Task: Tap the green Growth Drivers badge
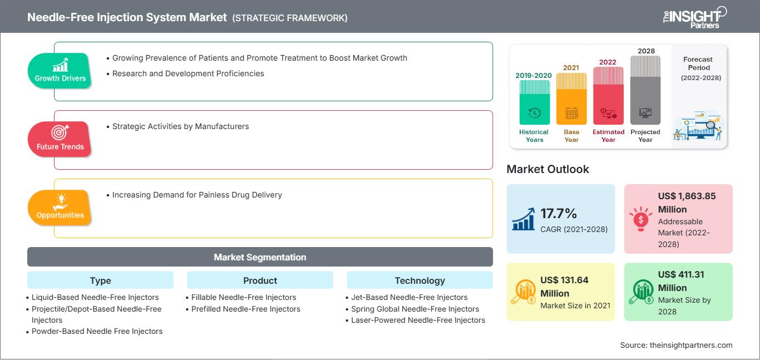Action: click(60, 71)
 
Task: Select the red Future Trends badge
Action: click(60, 139)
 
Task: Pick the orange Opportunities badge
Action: click(60, 208)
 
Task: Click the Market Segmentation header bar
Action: click(260, 257)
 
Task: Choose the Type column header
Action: click(100, 280)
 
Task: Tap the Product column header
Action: click(260, 280)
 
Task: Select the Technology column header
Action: click(420, 280)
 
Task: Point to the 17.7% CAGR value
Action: click(559, 213)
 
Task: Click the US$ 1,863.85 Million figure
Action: click(687, 203)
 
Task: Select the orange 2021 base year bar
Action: click(571, 98)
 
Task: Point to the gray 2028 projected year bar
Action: click(645, 90)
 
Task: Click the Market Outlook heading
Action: click(547, 169)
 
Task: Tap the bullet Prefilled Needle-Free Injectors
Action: click(245, 309)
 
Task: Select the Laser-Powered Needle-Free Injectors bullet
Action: click(418, 320)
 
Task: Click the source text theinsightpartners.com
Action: click(691, 345)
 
